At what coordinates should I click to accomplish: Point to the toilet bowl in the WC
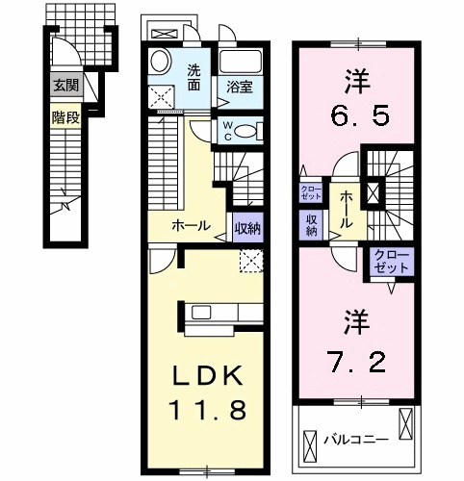point(247,131)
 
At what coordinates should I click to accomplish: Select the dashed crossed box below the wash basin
point(160,98)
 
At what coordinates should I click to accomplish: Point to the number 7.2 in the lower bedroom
point(359,363)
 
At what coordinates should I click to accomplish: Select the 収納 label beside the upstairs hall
point(313,224)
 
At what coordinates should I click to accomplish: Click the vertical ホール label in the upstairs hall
point(345,208)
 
